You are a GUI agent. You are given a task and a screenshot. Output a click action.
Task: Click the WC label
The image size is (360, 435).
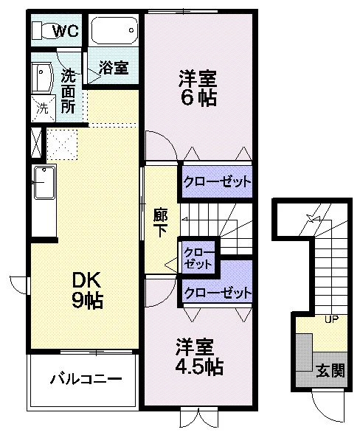pyautogui.click(x=66, y=30)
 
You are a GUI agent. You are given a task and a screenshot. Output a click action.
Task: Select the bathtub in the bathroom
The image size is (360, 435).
pyautogui.click(x=114, y=30)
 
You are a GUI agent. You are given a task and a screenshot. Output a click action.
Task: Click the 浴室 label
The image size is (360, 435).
pyautogui.click(x=114, y=67)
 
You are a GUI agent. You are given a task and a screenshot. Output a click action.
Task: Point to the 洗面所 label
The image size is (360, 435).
pyautogui.click(x=68, y=91)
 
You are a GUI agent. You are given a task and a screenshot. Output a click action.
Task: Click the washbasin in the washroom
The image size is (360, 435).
pyautogui.click(x=42, y=77)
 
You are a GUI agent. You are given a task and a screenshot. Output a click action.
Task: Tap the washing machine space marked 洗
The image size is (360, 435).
pyautogui.click(x=44, y=109)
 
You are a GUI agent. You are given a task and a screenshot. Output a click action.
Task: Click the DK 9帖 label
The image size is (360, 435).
pyautogui.click(x=87, y=290)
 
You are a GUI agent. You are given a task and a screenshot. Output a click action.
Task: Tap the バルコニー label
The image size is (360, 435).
pyautogui.click(x=86, y=379)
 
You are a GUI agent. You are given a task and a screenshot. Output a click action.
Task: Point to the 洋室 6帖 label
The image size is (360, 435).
pyautogui.click(x=198, y=88)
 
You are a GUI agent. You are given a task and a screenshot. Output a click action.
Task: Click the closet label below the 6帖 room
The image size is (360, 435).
pyautogui.click(x=218, y=182)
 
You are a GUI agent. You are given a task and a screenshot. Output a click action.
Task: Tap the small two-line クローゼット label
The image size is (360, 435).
pyautogui.click(x=198, y=258)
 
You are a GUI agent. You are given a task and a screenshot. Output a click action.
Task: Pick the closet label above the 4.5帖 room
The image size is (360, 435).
pyautogui.click(x=218, y=292)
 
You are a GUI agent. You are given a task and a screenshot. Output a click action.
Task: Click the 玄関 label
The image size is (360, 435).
pyautogui.click(x=330, y=370)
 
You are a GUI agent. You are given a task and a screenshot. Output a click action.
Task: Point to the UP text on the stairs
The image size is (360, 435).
pyautogui.click(x=331, y=319)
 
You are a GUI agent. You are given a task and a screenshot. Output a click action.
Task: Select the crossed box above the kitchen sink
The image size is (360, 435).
pyautogui.click(x=36, y=142)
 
